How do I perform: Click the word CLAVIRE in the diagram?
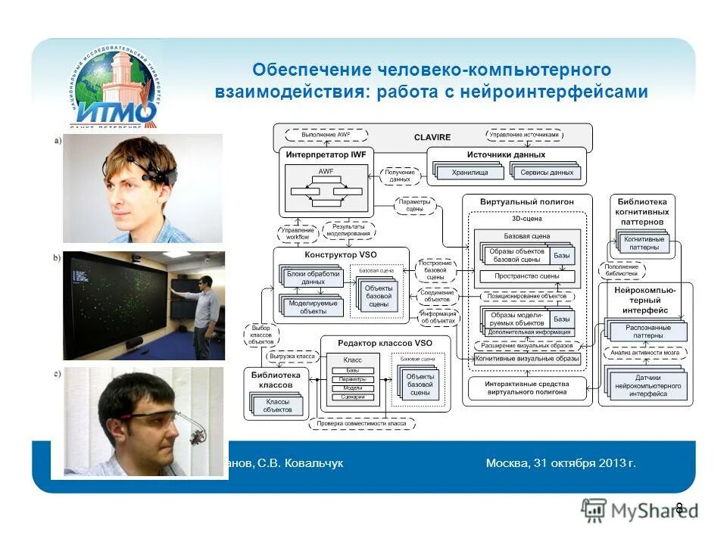point(432,137)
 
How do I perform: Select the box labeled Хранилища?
point(470,173)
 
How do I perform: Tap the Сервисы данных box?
point(546,173)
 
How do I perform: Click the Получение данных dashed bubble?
point(399,176)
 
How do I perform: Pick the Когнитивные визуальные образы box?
point(527,359)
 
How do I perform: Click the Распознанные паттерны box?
point(646,332)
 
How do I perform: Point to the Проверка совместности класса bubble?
point(360,423)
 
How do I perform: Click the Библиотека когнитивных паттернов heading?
point(642,212)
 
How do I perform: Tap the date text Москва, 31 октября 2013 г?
point(561,462)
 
